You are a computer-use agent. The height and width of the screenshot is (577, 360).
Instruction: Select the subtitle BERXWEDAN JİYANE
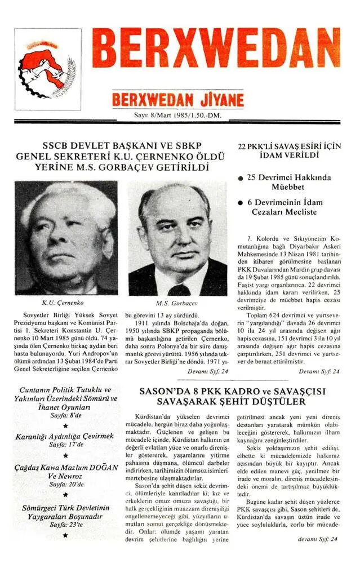(x=178, y=100)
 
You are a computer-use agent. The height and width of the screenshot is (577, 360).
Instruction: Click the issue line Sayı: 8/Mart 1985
(x=178, y=116)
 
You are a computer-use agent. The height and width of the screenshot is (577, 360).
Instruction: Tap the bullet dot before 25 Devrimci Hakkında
(x=241, y=178)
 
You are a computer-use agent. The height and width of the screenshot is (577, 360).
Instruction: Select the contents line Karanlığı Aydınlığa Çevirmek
(x=65, y=436)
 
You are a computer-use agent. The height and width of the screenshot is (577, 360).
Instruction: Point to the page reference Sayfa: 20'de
(x=65, y=484)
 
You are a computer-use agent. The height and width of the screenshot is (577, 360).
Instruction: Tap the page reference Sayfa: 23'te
(x=65, y=524)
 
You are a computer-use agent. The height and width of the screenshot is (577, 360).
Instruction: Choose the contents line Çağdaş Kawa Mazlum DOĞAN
(x=65, y=467)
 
